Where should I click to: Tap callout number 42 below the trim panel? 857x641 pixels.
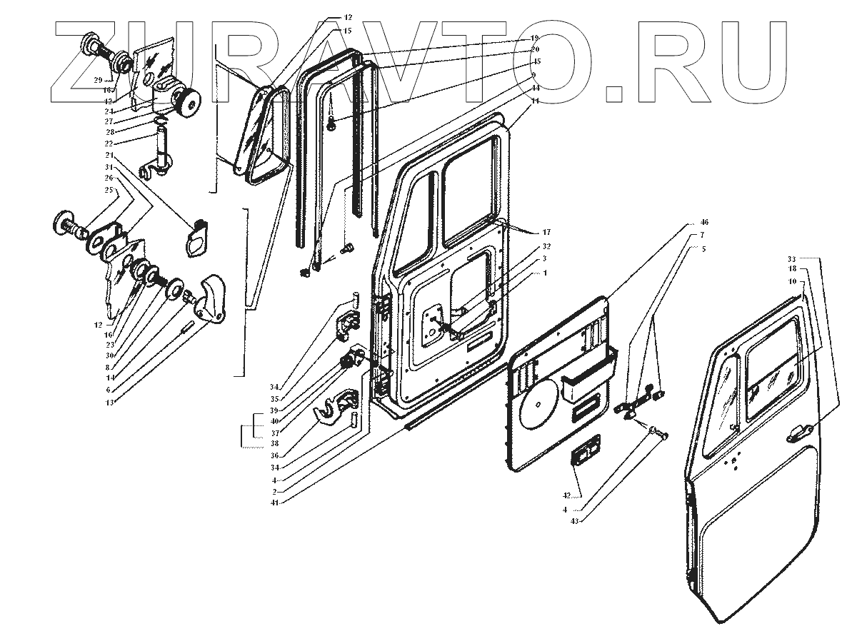pyautogui.click(x=566, y=495)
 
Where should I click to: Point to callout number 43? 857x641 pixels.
pyautogui.click(x=576, y=520)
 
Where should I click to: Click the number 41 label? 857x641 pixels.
pyautogui.click(x=274, y=503)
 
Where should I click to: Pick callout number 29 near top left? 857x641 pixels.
pyautogui.click(x=98, y=79)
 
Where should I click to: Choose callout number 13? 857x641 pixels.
pyautogui.click(x=109, y=403)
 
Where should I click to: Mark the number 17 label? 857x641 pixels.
pyautogui.click(x=546, y=232)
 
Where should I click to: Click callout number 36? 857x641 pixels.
pyautogui.click(x=274, y=455)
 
